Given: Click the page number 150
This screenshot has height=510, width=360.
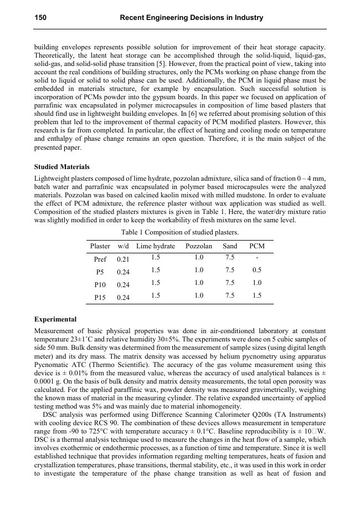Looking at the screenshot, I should [x=40, y=18].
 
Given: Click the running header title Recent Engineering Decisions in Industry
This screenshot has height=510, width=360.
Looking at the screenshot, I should [x=191, y=18].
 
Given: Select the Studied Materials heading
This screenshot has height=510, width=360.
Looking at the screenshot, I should [x=61, y=167].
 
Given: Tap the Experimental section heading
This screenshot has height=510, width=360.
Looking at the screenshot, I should [x=55, y=319].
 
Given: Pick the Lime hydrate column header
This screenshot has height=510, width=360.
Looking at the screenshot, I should [x=156, y=246].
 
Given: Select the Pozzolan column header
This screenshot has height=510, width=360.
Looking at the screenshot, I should [x=199, y=246].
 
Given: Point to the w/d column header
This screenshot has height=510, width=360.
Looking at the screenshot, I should [x=124, y=246].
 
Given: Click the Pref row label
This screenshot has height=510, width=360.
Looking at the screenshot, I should [x=100, y=259].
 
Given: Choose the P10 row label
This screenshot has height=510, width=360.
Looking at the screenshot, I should [x=100, y=284].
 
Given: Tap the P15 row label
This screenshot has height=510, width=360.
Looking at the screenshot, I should [x=100, y=298].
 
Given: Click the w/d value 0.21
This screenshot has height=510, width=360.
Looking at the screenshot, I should [x=124, y=259].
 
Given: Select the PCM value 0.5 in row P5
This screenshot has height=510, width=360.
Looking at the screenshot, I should [x=257, y=271].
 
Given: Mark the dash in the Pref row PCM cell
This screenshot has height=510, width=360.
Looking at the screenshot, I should [x=257, y=258].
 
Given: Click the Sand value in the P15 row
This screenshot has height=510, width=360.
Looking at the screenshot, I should [x=229, y=296].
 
